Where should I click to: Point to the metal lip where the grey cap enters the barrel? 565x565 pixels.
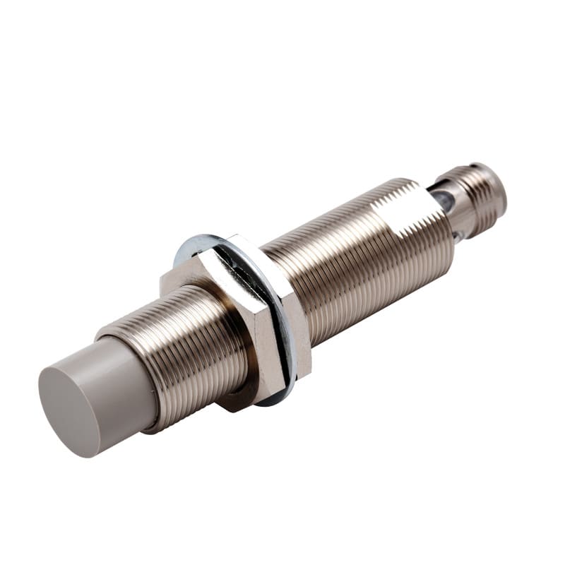pos(152,417)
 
